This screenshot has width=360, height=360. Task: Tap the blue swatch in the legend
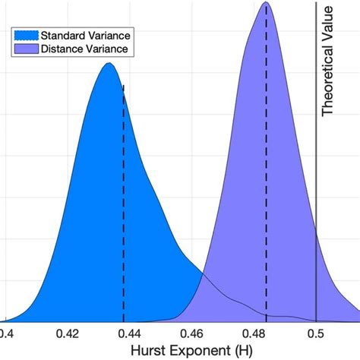click(25, 36)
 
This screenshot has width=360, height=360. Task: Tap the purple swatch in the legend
click(25, 49)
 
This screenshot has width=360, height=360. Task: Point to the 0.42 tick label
click(69, 332)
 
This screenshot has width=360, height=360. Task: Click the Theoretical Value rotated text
click(328, 61)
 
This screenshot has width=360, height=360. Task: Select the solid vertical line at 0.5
click(316, 190)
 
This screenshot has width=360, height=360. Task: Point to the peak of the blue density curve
click(109, 63)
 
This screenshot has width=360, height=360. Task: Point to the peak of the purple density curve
click(265, 3)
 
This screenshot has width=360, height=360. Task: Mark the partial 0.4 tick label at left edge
click(6, 332)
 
